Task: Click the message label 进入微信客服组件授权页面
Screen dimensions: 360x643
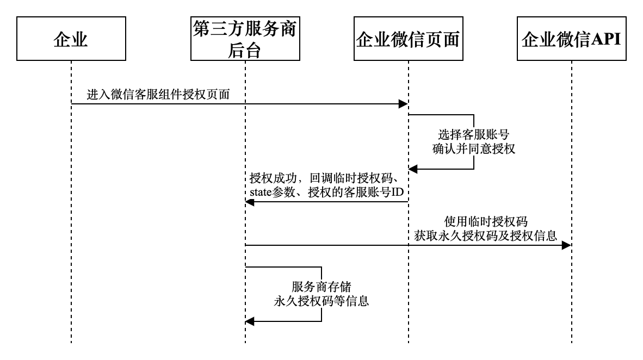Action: (158, 95)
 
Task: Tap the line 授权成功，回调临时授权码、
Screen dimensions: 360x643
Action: (326, 178)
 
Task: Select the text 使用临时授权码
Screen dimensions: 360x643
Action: (485, 221)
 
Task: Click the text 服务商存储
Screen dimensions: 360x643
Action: (321, 287)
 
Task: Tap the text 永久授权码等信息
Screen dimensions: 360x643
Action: (321, 301)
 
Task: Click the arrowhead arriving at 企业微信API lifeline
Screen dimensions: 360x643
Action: (567, 245)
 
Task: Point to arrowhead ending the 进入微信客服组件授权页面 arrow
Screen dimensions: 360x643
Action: (404, 104)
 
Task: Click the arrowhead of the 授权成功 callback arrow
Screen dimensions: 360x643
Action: (250, 202)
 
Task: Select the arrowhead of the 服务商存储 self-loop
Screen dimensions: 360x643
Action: (250, 321)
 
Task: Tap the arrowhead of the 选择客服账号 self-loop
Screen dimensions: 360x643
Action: (413, 169)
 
